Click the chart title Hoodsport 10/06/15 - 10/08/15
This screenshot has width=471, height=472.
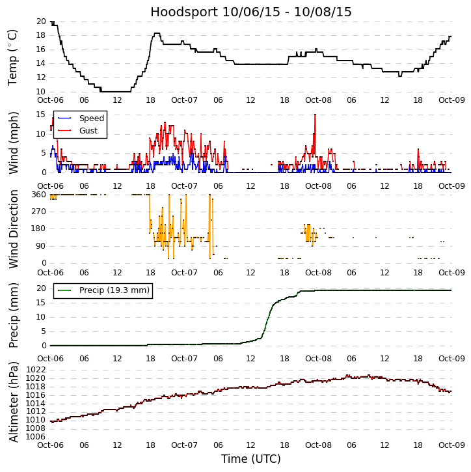(x=251, y=12)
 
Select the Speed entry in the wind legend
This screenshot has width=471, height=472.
(x=91, y=118)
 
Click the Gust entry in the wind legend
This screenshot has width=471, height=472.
(x=88, y=130)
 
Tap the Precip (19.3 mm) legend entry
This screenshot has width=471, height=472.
(x=114, y=290)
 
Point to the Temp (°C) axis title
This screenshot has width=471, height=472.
(x=13, y=57)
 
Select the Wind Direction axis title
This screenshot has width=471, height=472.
(x=13, y=229)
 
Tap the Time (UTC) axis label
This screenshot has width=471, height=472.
(x=251, y=459)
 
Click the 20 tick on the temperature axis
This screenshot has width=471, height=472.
(x=40, y=21)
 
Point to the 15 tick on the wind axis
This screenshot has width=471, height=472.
(x=40, y=114)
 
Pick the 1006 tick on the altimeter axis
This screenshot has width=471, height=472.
(x=36, y=437)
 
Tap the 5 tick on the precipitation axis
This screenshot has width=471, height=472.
(x=43, y=331)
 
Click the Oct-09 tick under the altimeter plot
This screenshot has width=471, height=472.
(x=451, y=446)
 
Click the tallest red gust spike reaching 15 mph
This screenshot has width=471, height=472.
(x=315, y=115)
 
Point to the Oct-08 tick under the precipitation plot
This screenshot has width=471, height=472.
(x=318, y=358)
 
